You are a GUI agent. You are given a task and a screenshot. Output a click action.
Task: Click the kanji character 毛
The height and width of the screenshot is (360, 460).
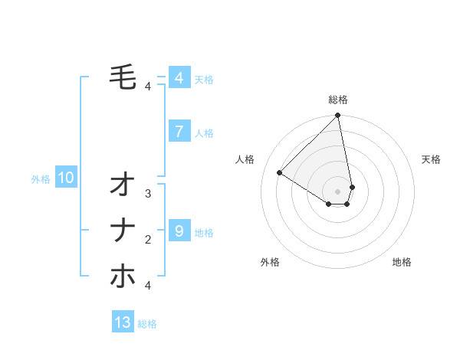click(123, 76)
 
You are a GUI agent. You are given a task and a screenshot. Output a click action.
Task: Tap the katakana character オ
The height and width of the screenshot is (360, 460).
click(123, 185)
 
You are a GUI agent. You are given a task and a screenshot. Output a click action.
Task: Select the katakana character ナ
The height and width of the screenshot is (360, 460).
click(123, 230)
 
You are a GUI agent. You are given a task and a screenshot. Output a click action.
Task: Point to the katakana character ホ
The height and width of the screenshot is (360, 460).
click(123, 276)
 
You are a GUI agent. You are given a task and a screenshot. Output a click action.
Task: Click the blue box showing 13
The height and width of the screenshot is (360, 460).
click(123, 322)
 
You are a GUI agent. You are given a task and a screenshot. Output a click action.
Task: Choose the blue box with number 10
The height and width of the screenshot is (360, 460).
click(66, 178)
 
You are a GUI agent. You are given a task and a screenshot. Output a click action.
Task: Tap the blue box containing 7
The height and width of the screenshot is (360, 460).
click(179, 132)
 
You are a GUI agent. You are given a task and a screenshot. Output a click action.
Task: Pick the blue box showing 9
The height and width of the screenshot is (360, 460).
click(179, 231)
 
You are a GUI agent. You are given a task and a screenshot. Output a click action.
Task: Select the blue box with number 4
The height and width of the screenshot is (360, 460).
click(179, 78)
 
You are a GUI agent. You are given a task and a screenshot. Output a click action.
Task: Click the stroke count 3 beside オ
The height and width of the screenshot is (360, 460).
click(148, 194)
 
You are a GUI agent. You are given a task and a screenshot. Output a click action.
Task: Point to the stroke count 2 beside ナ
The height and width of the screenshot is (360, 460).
click(148, 240)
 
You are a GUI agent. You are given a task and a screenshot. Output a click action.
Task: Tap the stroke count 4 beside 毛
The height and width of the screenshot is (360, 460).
click(148, 87)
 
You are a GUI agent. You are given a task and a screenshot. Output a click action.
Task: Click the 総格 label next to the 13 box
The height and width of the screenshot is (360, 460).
click(147, 324)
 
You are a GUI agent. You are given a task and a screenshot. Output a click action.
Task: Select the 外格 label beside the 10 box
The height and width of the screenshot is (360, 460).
click(41, 179)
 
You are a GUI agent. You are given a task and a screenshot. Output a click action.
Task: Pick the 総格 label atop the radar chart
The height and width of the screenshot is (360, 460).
click(338, 100)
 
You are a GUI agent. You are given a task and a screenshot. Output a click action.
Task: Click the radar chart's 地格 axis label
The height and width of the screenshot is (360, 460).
click(402, 262)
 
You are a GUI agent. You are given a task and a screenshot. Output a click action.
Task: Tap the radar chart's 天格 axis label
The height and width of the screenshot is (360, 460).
click(431, 159)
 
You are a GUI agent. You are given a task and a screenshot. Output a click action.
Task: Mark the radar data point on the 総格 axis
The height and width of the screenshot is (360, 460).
click(338, 116)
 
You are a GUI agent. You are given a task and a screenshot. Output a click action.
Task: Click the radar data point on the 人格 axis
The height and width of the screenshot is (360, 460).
click(280, 172)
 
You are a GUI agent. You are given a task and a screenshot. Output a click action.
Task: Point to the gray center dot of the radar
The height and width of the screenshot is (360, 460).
click(338, 191)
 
